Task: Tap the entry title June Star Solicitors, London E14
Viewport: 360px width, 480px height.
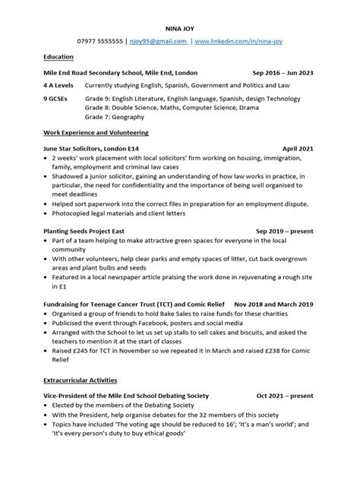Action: click(x=92, y=150)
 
